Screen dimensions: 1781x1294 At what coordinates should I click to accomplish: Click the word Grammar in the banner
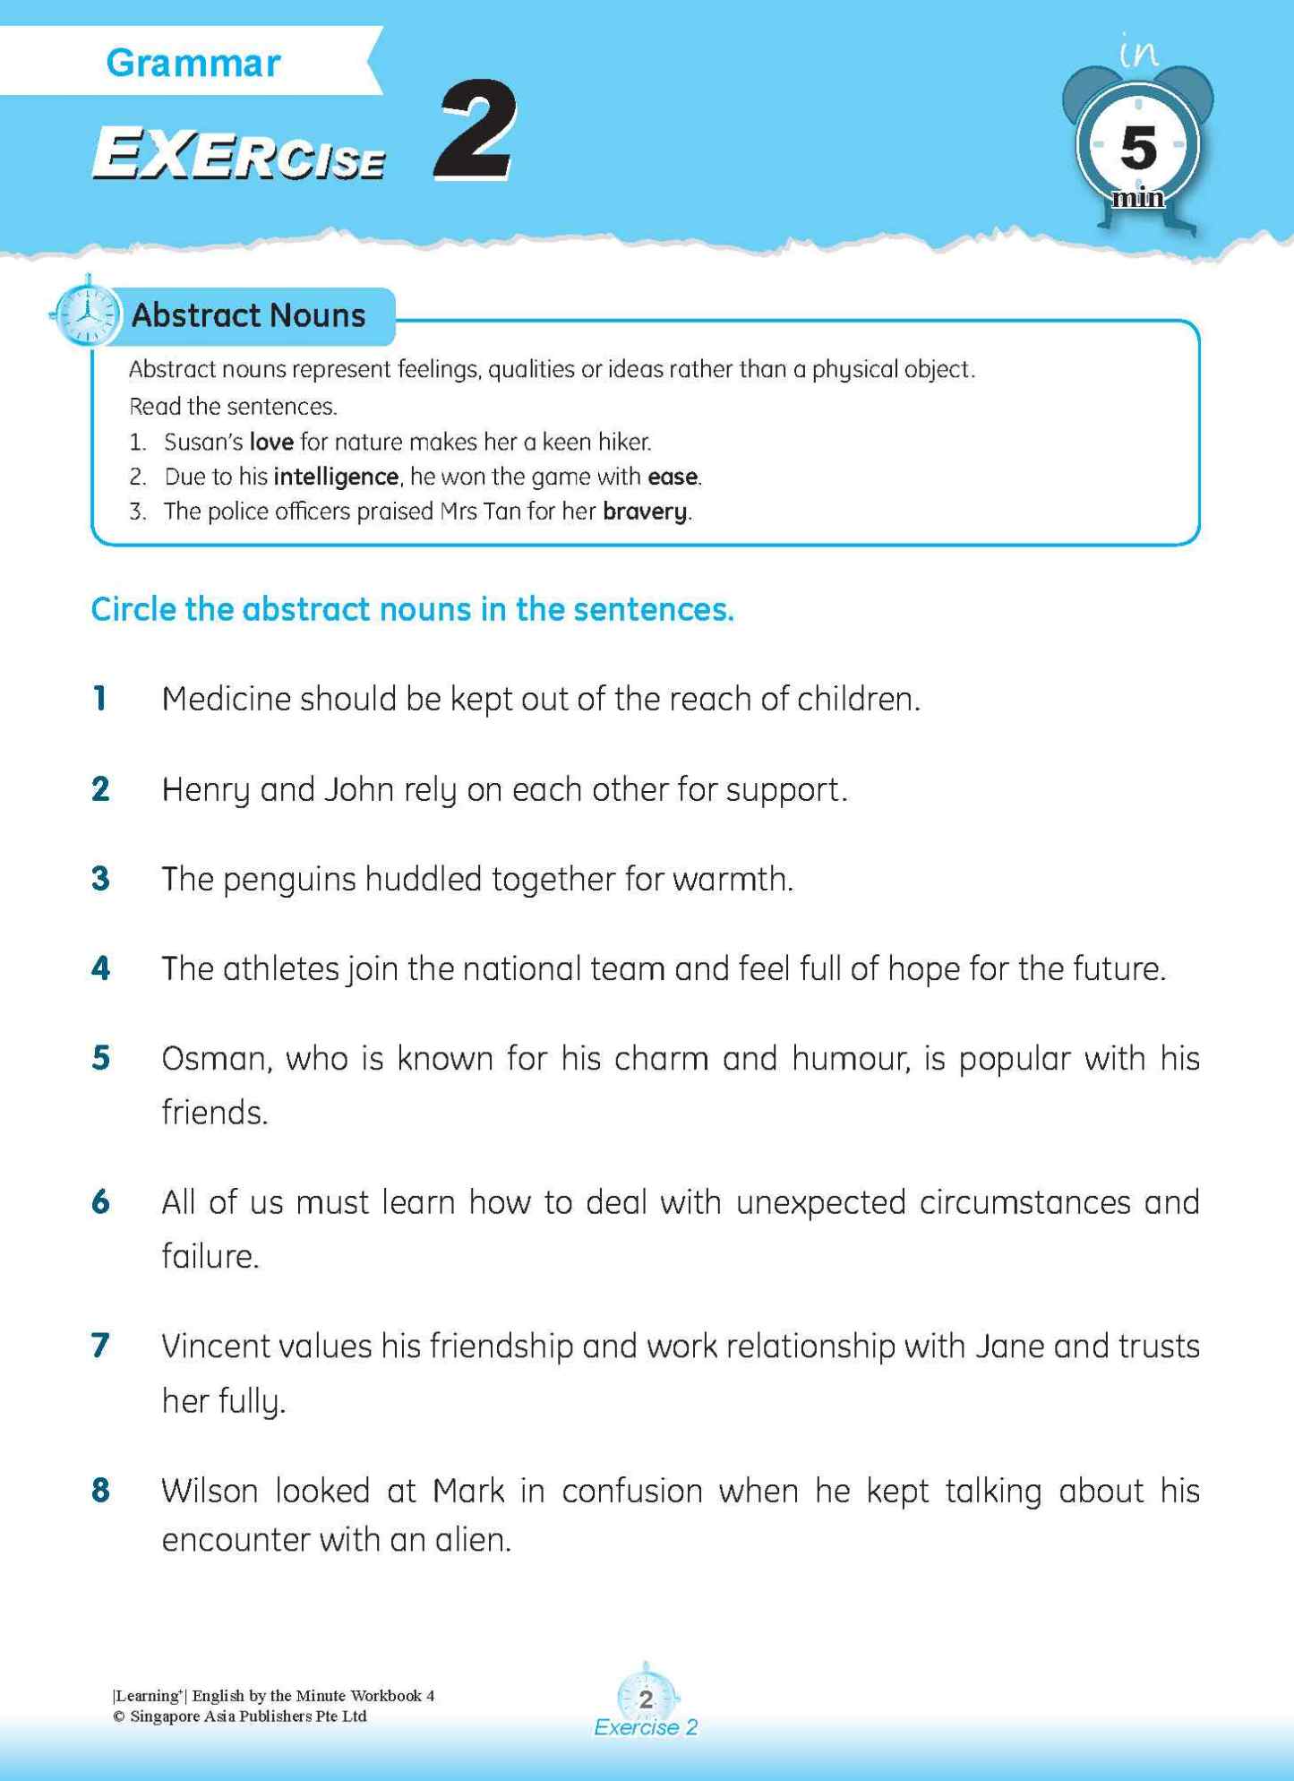point(193,63)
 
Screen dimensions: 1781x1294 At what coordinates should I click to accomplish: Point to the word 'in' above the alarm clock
point(1139,52)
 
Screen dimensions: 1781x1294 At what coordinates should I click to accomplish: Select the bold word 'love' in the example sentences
point(270,442)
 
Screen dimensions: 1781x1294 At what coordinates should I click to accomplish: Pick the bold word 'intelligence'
point(336,477)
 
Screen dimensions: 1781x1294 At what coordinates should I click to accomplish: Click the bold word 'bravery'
point(645,512)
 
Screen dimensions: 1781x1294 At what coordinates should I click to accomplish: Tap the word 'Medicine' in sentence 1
point(226,699)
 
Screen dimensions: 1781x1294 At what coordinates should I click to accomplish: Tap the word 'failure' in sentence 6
point(210,1256)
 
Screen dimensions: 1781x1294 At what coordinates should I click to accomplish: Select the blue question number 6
point(100,1202)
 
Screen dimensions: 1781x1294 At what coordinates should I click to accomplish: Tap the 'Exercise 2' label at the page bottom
point(646,1727)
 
